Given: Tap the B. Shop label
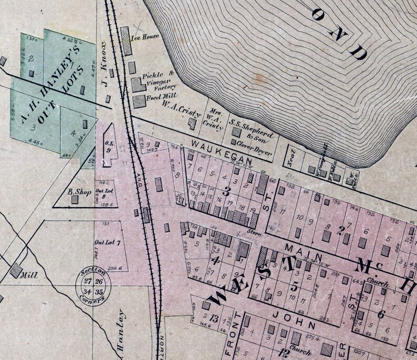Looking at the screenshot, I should click(x=80, y=192).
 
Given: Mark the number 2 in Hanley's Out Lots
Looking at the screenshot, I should click(x=32, y=58).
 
